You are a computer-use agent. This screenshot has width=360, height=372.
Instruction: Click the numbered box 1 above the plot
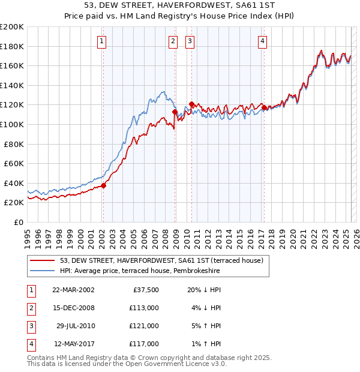coord(102,41)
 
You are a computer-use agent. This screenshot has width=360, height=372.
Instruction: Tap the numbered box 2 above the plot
coord(173,41)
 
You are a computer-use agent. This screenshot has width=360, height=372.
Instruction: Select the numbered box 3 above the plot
coord(190,41)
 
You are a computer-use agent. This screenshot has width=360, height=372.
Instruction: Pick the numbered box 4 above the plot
coord(263,41)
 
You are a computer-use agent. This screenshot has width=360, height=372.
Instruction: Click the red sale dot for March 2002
coord(103,185)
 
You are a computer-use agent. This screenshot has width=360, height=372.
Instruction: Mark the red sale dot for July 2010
coord(191,104)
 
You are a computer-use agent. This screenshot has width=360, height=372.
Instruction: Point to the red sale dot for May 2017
coord(264,108)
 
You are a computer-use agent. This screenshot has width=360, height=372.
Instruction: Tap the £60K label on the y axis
coord(14,163)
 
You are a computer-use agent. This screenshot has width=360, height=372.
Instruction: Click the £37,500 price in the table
coord(146,290)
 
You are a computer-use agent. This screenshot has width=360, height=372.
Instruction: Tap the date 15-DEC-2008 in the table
coord(73,308)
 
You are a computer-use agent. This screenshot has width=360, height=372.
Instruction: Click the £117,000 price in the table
coord(144,344)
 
